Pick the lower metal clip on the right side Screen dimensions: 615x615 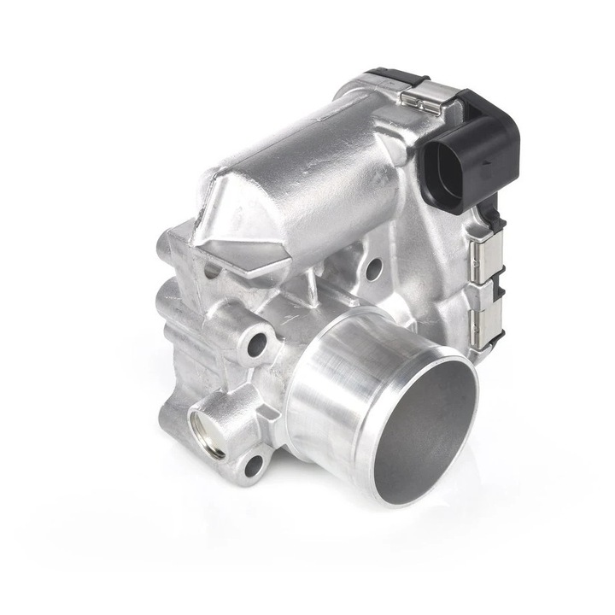click(483, 314)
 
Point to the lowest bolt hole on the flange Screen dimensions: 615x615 click(253, 466)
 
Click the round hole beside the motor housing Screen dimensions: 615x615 click(373, 269)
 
